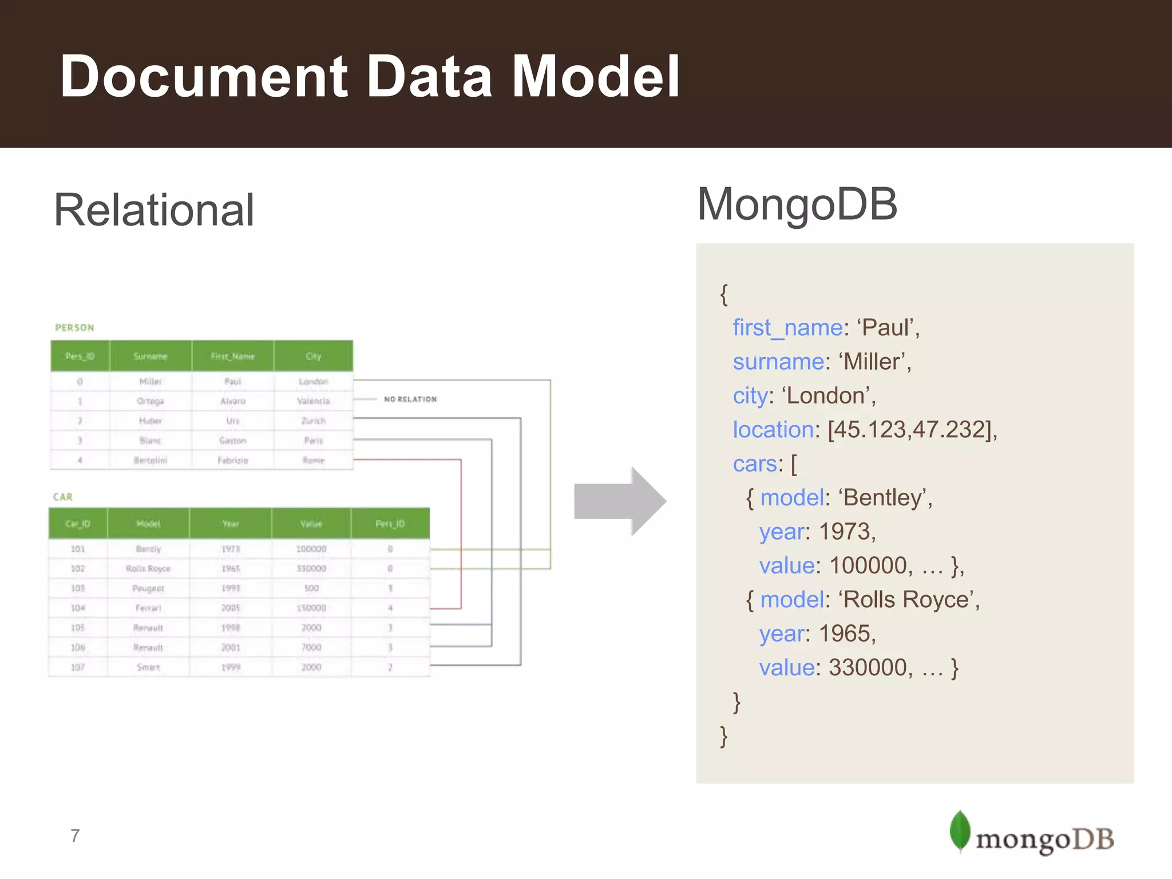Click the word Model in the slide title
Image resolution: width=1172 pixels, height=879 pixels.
click(595, 76)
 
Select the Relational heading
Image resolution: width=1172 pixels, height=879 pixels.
click(154, 210)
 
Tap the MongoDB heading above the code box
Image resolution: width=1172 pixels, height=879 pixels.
click(797, 204)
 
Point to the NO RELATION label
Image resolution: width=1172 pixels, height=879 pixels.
click(410, 399)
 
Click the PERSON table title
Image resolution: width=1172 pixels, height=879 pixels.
click(74, 328)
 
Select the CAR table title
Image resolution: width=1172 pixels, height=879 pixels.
click(63, 497)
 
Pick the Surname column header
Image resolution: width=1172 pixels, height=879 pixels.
click(151, 356)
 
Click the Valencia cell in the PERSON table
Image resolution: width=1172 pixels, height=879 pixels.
click(313, 401)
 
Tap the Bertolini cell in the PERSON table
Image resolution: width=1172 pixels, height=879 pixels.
click(151, 460)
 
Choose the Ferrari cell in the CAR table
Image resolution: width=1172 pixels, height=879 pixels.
click(148, 608)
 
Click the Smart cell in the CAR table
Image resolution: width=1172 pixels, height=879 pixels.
click(148, 667)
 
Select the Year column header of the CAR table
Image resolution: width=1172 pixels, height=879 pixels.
click(231, 524)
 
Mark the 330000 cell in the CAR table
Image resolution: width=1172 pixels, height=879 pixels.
click(311, 568)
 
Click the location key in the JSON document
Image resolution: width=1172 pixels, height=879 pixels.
click(773, 430)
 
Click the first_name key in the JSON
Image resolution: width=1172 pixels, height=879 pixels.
click(787, 328)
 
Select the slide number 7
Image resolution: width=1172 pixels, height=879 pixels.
click(75, 836)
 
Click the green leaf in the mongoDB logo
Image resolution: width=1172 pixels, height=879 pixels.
click(960, 830)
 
